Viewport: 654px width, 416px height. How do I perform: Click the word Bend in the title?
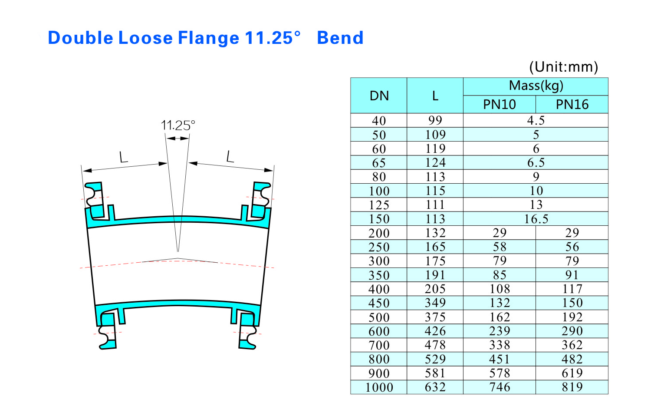click(x=340, y=38)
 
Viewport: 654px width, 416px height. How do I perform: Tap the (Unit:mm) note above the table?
click(x=563, y=67)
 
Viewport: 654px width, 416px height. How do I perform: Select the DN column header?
click(x=379, y=96)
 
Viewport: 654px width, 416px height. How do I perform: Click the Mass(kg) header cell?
click(x=536, y=86)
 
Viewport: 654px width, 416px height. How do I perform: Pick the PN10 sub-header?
click(x=500, y=105)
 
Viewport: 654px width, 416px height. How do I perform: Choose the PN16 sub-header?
click(x=572, y=105)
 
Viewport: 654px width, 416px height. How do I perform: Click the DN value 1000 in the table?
click(x=379, y=387)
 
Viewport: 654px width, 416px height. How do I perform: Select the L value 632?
click(x=435, y=387)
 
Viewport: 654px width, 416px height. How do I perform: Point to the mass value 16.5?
click(x=536, y=219)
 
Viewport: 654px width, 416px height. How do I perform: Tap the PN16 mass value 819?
click(x=572, y=387)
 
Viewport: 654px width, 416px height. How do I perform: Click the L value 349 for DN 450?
click(x=435, y=303)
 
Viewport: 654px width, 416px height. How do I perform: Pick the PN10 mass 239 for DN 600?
click(x=500, y=331)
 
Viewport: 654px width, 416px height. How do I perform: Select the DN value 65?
click(x=379, y=163)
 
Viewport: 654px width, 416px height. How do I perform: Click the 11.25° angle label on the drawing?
click(x=178, y=125)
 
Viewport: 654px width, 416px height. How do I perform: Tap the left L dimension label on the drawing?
click(x=124, y=157)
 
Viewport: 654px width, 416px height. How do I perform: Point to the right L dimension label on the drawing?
click(x=230, y=156)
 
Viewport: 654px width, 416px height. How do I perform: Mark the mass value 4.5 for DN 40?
click(x=536, y=120)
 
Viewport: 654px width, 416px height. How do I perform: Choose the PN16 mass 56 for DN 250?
click(x=572, y=247)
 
